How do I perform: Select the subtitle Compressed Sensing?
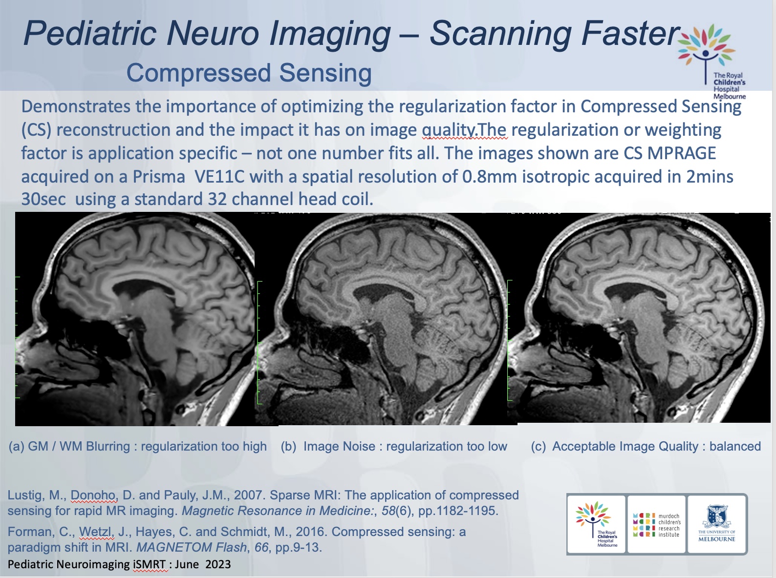click(x=249, y=73)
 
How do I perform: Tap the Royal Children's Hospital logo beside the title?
click(x=711, y=61)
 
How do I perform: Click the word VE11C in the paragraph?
click(x=219, y=177)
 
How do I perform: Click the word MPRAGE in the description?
click(x=681, y=153)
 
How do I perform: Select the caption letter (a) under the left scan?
click(x=16, y=446)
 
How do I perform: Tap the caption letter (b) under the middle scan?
click(x=288, y=446)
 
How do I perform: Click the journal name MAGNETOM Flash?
click(x=191, y=547)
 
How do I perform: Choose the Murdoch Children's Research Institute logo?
click(x=656, y=524)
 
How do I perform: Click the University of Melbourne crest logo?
click(x=716, y=524)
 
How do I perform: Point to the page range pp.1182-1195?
click(x=458, y=511)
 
